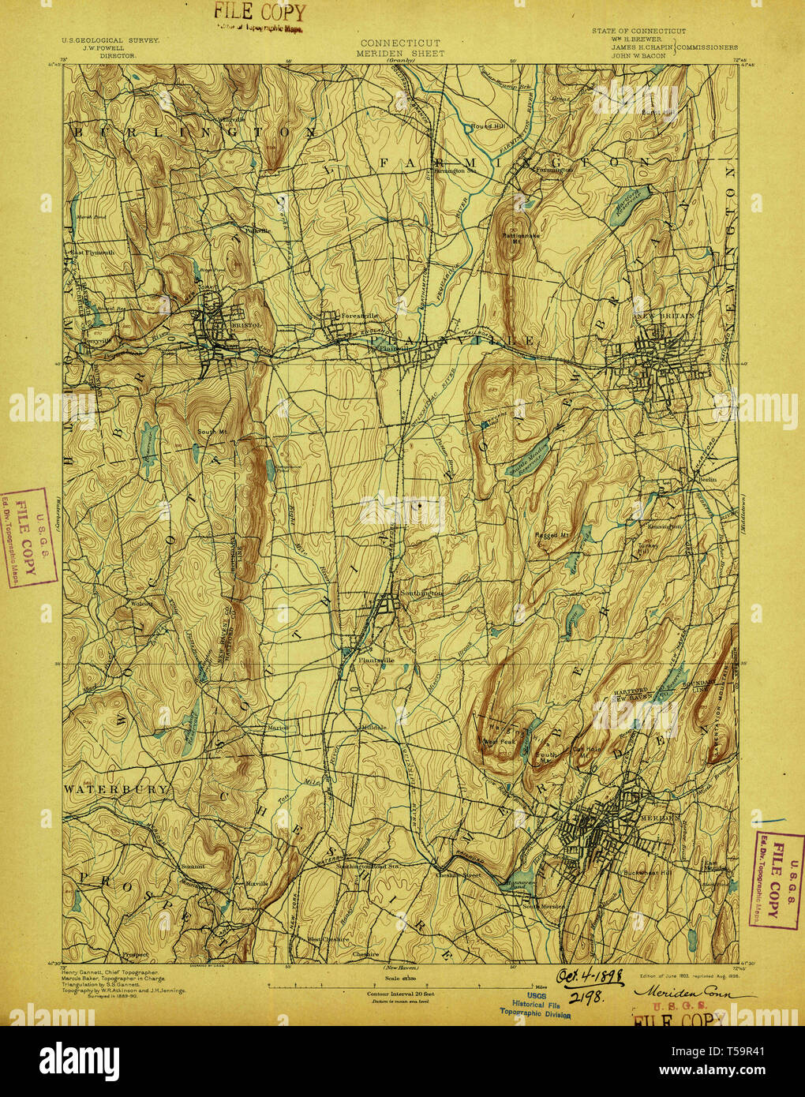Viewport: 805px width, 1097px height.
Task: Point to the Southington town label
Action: [422, 593]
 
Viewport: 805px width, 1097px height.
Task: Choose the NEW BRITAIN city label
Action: [667, 315]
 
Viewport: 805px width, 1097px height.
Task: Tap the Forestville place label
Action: [359, 316]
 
